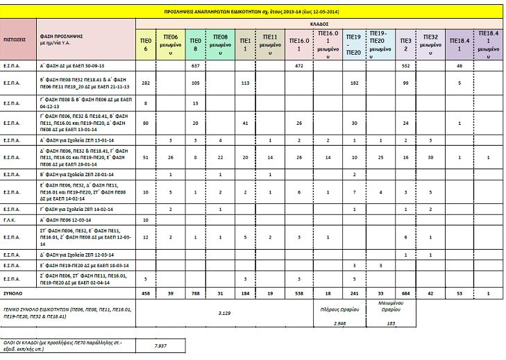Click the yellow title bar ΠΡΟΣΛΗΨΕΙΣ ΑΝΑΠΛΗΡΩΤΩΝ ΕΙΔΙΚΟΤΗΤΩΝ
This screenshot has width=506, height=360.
253,12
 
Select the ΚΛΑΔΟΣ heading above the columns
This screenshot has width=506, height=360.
319,23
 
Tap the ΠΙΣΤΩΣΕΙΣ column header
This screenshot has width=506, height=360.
15,40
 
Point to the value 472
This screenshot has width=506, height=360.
299,65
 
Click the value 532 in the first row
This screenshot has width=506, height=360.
405,65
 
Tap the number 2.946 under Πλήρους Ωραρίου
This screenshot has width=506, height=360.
340,323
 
